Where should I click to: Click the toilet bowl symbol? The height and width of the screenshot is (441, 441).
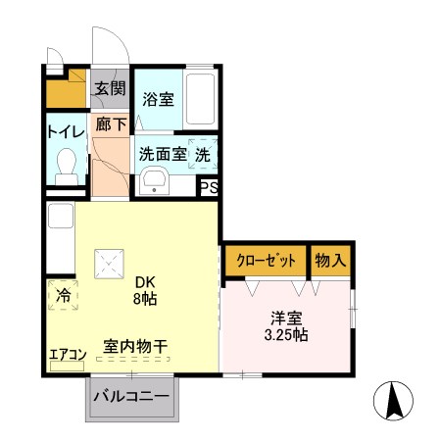68,164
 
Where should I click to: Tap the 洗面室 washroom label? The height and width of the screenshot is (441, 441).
162,154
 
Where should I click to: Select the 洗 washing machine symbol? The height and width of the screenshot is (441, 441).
203,153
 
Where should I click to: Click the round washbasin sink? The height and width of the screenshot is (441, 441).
155,181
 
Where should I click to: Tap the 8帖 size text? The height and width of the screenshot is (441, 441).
142,298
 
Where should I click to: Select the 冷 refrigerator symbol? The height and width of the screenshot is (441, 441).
61,293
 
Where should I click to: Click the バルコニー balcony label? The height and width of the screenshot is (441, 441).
132,398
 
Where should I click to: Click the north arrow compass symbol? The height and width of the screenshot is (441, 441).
395,401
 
